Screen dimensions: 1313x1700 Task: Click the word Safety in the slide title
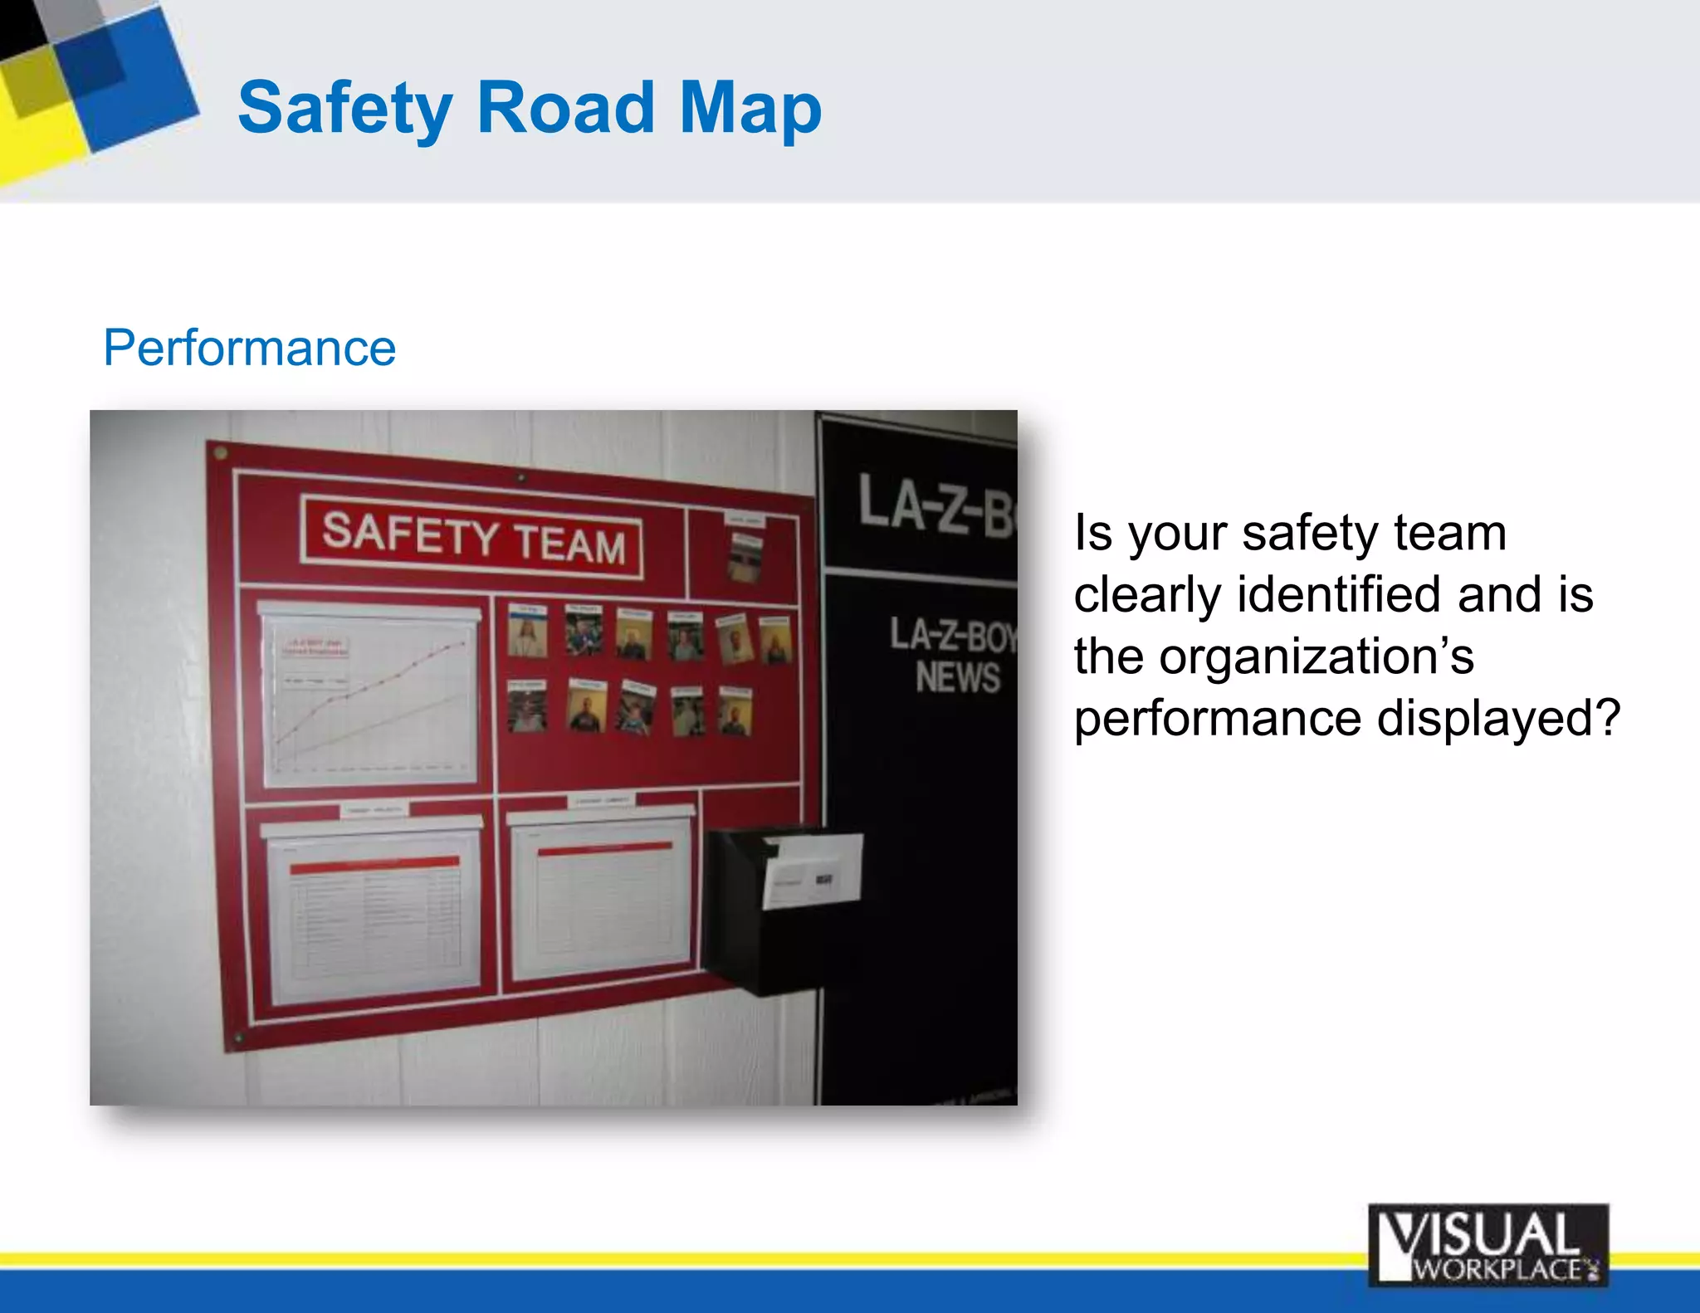(345, 108)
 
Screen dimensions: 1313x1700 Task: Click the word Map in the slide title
(750, 108)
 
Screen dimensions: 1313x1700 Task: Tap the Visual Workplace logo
(1487, 1245)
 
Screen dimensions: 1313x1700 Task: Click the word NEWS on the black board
(957, 677)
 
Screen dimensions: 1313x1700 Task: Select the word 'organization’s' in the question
(1273, 656)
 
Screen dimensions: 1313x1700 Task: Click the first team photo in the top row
(527, 632)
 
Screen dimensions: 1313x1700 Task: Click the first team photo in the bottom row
(526, 706)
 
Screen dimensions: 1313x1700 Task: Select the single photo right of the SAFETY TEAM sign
(744, 556)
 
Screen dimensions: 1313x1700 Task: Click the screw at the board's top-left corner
(221, 453)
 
